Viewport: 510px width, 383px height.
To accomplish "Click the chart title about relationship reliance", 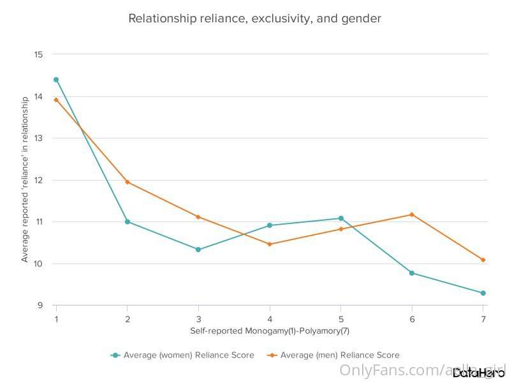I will click(x=254, y=19).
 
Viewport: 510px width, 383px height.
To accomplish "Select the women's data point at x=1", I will click(x=56, y=80).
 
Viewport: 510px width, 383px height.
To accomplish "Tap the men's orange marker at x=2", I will click(x=127, y=182).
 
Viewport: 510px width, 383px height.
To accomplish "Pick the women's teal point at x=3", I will click(x=198, y=250).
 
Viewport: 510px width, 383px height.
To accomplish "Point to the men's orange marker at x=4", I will click(x=270, y=244).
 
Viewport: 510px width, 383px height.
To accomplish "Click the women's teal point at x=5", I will click(x=341, y=218).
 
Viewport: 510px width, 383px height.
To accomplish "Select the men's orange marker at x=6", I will click(x=412, y=214).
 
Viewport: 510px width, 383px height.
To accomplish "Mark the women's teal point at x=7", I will click(x=483, y=293).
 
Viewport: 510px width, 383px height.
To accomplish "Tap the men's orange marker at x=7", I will click(x=483, y=260).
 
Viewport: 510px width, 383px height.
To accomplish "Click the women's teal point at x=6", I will click(x=412, y=273).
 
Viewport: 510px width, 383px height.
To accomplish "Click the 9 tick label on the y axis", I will click(x=40, y=306).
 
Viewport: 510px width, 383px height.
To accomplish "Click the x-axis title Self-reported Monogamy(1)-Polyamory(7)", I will click(x=270, y=331).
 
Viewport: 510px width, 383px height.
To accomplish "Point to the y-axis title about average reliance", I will click(x=25, y=179).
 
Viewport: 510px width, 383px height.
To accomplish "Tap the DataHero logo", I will click(x=478, y=373).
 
